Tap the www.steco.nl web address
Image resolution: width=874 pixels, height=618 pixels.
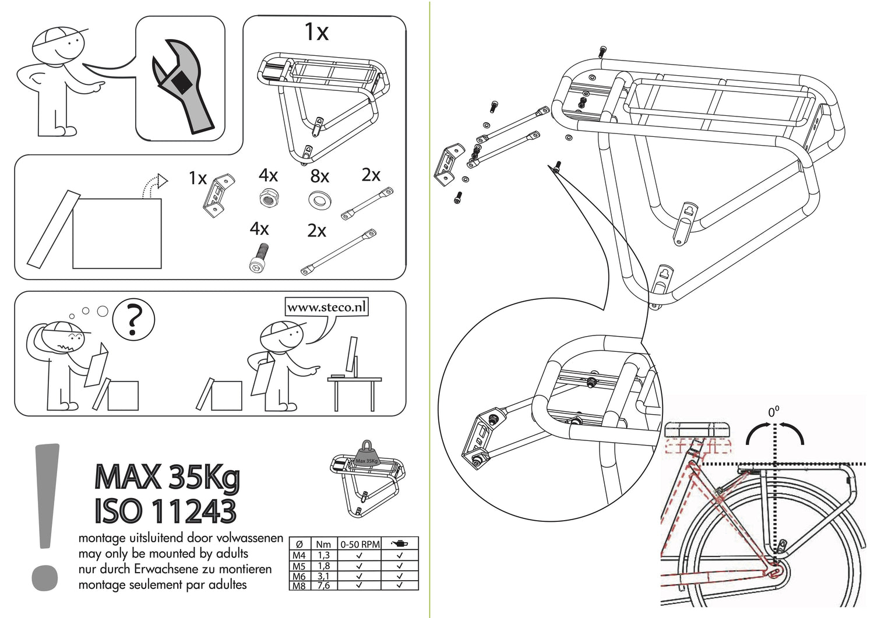click(326, 307)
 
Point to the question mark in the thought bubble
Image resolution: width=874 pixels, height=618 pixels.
click(133, 319)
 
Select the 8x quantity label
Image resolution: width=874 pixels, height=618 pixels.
click(319, 176)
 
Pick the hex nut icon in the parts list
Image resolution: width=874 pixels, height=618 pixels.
click(268, 198)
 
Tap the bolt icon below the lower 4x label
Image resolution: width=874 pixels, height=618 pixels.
click(259, 258)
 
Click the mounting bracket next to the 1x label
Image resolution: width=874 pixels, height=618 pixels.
click(218, 195)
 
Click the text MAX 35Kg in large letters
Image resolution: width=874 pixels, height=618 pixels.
click(167, 477)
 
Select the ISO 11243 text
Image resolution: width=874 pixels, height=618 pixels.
click(165, 511)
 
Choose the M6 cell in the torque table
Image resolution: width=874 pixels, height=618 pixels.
click(299, 576)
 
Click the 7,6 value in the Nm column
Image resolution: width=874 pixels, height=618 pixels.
click(323, 585)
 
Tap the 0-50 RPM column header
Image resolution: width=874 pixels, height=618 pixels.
click(360, 544)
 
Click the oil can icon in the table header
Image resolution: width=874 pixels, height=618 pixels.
click(400, 543)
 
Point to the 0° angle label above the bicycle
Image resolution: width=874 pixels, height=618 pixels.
click(773, 412)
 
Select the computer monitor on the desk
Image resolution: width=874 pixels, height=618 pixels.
click(351, 355)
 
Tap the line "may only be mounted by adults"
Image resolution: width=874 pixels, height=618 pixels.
click(163, 553)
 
